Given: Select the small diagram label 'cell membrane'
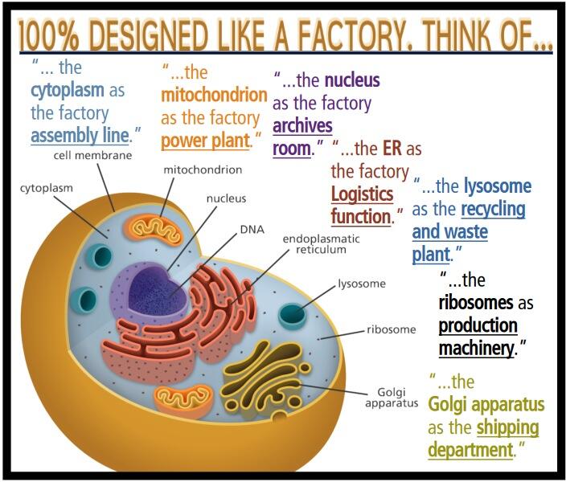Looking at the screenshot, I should (x=92, y=155).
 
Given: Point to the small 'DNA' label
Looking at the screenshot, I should (x=252, y=229).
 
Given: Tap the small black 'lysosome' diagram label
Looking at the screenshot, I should (x=362, y=284).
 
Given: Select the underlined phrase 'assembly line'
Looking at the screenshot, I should (x=80, y=134).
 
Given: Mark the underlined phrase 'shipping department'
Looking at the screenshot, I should (x=482, y=438).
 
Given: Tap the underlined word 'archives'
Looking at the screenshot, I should (x=302, y=126).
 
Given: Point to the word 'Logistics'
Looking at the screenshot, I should (x=363, y=194).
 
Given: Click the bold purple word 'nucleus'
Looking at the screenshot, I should (x=352, y=81).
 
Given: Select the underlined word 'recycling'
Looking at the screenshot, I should (x=493, y=210).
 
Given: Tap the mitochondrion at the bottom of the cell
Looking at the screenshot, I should (x=183, y=395).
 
